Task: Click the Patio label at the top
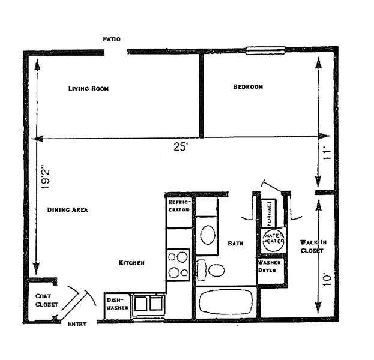(x=112, y=39)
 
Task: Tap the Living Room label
(x=88, y=88)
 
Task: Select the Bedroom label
(x=247, y=87)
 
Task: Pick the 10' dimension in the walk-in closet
(x=327, y=279)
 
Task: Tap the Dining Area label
(x=68, y=210)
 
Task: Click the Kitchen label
(x=131, y=263)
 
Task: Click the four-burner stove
(x=178, y=265)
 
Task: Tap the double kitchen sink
(x=148, y=304)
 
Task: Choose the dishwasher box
(x=116, y=304)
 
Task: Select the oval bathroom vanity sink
(x=208, y=235)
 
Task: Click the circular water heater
(x=273, y=239)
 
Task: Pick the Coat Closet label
(x=46, y=300)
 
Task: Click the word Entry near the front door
(x=77, y=324)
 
